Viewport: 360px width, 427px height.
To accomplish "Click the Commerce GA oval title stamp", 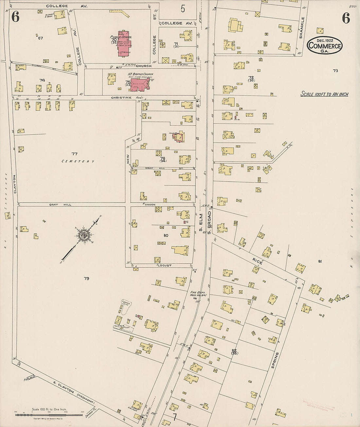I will tap(325, 45).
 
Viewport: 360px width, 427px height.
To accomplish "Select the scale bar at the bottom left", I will tap(49, 415).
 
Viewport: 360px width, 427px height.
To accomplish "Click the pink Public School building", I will tap(123, 44).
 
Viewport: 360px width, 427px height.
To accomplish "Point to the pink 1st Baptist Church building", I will tap(140, 84).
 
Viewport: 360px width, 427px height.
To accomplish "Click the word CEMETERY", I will tap(78, 161).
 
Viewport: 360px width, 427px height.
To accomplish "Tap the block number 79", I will tap(86, 278).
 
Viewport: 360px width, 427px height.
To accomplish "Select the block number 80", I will tap(166, 235).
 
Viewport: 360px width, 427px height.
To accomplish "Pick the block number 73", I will tap(335, 71).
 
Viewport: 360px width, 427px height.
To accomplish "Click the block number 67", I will tap(41, 38).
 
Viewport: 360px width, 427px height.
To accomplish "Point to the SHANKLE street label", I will tap(302, 28).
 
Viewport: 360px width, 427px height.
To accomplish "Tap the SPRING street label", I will tap(275, 360).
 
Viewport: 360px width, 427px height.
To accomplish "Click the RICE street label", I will tap(258, 261).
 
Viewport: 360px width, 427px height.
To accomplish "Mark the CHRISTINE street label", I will tap(121, 98).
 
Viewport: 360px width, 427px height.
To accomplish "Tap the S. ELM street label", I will tap(201, 222).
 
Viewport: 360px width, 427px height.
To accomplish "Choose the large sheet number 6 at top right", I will tap(346, 18).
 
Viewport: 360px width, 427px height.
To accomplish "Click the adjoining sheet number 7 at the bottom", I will tap(175, 417).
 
